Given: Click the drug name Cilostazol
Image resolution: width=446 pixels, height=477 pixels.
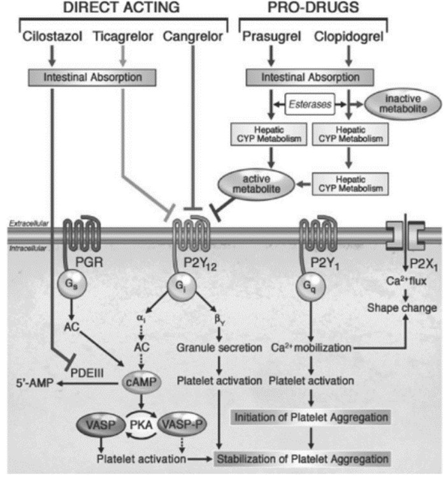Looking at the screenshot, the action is coord(52,36).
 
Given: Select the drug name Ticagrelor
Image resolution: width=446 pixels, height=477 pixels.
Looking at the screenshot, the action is coord(123,37).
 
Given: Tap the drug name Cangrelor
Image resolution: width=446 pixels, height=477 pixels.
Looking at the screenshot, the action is coord(193,37).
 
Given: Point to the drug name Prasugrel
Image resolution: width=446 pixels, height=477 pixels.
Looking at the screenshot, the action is coord(271,37).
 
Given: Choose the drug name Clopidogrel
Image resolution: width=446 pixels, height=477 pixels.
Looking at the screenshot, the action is coord(349,37).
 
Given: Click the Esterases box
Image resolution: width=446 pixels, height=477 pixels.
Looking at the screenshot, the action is coord(310,105).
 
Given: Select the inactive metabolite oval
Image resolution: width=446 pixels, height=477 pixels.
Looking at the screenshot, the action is coord(403,104).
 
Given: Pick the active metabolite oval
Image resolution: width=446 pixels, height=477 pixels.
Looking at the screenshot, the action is coord(256,184).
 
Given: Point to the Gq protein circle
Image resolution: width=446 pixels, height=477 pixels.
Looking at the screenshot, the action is coord(311,286).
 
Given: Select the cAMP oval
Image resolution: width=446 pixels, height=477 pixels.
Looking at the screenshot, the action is coord(141,382).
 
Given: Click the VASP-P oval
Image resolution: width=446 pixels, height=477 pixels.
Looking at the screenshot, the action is coord(182,424).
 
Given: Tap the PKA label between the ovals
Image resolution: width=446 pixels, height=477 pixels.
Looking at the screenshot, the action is coord(141,425).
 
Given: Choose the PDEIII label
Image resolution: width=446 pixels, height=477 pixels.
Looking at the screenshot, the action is coord(87,373).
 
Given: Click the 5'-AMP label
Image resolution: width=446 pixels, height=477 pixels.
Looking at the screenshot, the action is coord(34,383).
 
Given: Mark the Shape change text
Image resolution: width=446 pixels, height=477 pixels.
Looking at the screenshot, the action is coord(402,308).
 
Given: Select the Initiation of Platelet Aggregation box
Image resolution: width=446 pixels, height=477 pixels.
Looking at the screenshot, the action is coord(311,417).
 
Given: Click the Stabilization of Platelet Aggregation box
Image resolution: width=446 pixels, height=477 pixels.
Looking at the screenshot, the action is coord(302,459).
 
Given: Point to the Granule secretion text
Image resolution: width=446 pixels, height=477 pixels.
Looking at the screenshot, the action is coord(219,348).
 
